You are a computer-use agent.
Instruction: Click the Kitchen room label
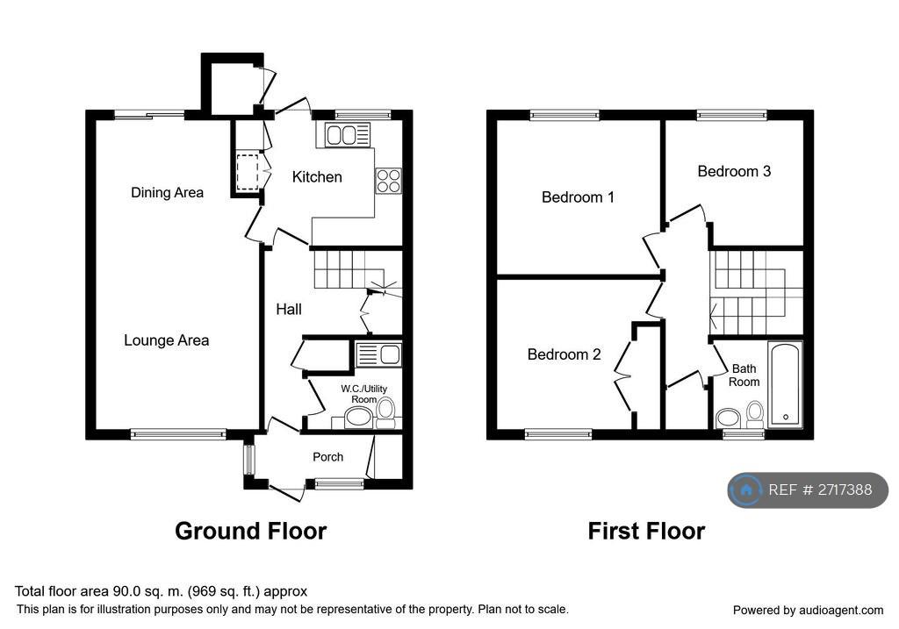tap(317, 177)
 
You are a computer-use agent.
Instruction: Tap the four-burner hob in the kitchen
tap(389, 181)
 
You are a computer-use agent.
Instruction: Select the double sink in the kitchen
tap(348, 135)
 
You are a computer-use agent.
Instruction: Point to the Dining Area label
tap(167, 192)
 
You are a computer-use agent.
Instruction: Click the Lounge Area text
tap(166, 340)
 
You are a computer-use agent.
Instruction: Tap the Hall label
tap(288, 310)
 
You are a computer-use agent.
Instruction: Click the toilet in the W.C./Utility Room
tap(386, 413)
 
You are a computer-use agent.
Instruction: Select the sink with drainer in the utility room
tap(378, 354)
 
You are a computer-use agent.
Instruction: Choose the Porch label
tap(328, 457)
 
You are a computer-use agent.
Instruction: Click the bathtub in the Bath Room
tap(785, 384)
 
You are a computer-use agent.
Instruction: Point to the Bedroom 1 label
tap(578, 197)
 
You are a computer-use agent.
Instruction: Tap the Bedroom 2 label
tap(565, 354)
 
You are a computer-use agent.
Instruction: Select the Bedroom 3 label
tap(734, 171)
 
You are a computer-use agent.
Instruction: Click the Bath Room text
tap(744, 375)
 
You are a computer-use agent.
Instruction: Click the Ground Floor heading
tap(250, 531)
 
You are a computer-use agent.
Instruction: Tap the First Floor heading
tap(646, 531)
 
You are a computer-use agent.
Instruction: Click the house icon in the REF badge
tap(746, 490)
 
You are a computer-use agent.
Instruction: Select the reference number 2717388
tap(845, 490)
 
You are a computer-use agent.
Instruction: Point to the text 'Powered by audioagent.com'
tap(808, 610)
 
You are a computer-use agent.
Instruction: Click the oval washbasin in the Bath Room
tap(728, 418)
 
